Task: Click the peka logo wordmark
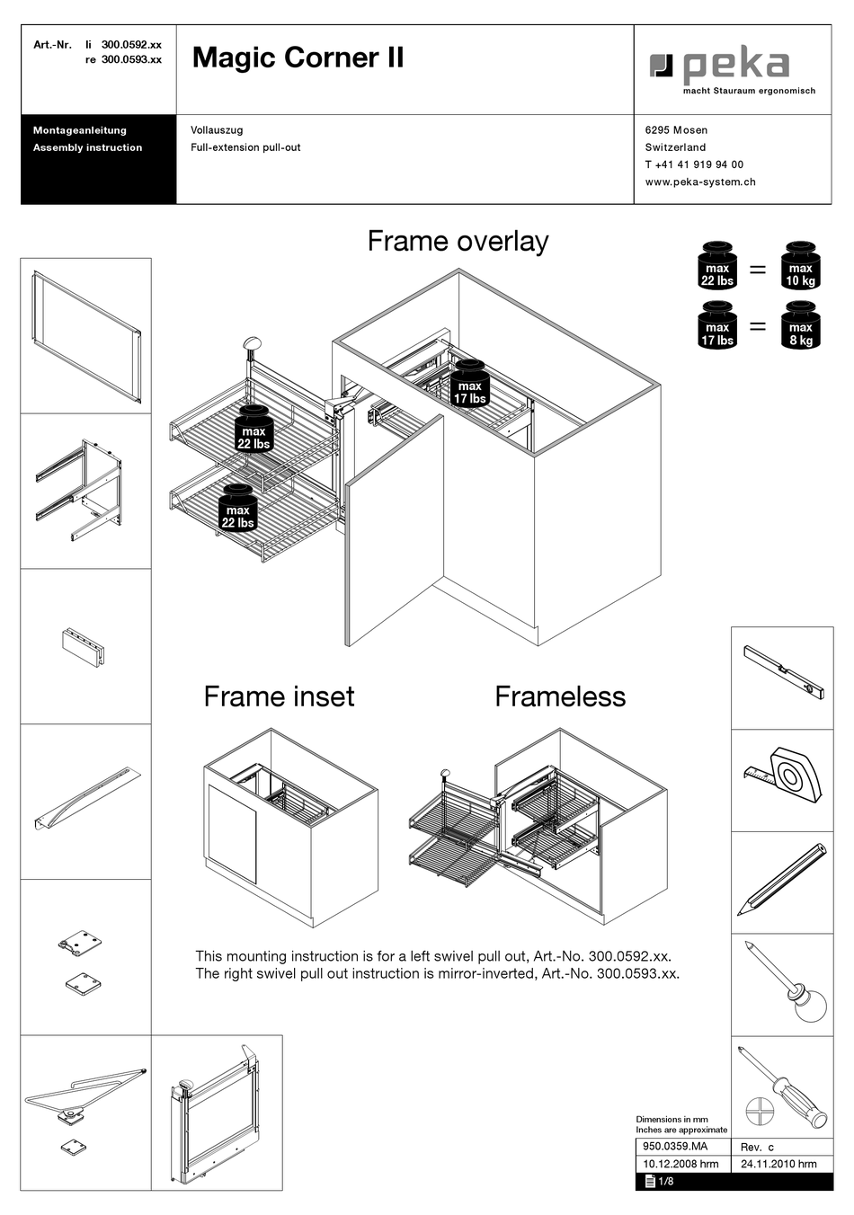click(x=734, y=67)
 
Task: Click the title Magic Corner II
click(x=298, y=58)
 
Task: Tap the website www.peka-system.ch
click(x=699, y=182)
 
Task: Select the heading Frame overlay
click(x=458, y=241)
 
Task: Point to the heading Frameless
click(x=559, y=696)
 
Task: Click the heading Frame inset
click(x=279, y=696)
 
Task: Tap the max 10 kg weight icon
click(x=800, y=267)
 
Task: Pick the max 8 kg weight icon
click(x=800, y=325)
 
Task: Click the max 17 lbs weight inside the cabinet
click(x=469, y=386)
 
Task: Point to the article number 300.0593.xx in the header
click(x=131, y=59)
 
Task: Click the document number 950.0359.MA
click(x=675, y=1147)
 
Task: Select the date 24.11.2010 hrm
click(x=778, y=1164)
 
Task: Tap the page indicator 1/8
click(x=665, y=1182)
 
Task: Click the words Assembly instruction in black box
click(x=87, y=147)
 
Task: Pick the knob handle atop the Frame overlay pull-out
click(x=252, y=342)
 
